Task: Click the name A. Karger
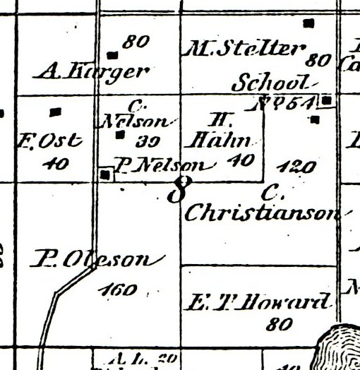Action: pyautogui.click(x=95, y=71)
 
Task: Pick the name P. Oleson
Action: pyautogui.click(x=92, y=261)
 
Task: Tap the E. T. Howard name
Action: pyautogui.click(x=258, y=304)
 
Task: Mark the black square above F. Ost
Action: pyautogui.click(x=56, y=112)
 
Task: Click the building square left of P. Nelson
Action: pyautogui.click(x=106, y=174)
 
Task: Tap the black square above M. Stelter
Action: pyautogui.click(x=308, y=23)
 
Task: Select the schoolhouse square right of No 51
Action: pyautogui.click(x=326, y=102)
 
